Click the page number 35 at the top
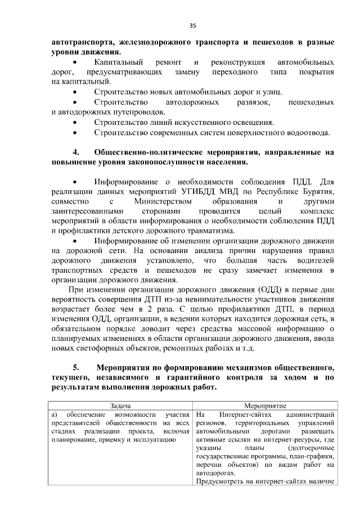point(192,25)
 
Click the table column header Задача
point(121,406)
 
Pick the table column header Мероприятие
point(265,406)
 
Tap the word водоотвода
point(309,133)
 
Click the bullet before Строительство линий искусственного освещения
point(75,122)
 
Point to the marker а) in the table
point(54,415)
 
